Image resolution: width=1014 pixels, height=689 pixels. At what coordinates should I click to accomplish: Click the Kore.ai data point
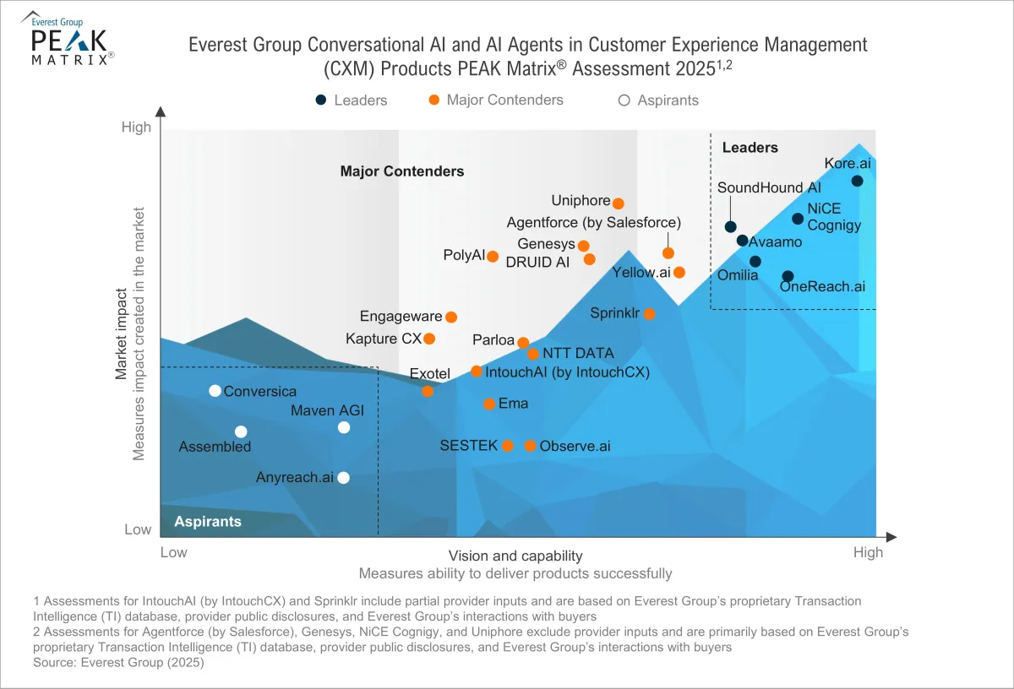857,181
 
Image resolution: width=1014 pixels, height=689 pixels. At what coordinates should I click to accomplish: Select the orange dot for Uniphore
618,203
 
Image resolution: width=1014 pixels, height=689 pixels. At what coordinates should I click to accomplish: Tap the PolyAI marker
493,256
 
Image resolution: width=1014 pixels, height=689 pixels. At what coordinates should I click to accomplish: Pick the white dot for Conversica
215,390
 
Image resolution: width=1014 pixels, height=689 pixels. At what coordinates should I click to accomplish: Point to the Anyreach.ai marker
343,478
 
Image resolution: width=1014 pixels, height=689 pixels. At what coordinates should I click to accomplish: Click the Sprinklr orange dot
649,314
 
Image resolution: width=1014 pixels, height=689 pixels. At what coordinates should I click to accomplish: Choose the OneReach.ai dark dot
788,276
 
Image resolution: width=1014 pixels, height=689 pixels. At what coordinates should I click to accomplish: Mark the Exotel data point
428,391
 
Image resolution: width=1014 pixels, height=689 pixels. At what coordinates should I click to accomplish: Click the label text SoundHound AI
769,187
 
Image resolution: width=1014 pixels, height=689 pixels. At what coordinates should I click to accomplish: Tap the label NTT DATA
578,353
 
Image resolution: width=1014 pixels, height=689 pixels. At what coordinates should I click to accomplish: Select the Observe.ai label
575,446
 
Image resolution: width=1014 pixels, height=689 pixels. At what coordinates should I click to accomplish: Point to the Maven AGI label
327,410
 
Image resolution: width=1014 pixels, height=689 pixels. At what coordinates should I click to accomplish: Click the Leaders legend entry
352,100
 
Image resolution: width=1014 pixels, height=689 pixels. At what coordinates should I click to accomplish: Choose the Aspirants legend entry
659,100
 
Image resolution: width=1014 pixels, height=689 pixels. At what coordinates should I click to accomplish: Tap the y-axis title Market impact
122,336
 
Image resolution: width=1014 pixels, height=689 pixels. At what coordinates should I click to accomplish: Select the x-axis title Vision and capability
515,556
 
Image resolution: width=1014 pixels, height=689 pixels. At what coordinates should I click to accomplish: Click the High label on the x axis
868,553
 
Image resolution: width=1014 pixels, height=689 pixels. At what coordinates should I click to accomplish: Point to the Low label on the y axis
138,529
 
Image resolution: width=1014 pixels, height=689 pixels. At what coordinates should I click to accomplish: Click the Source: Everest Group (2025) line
119,663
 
